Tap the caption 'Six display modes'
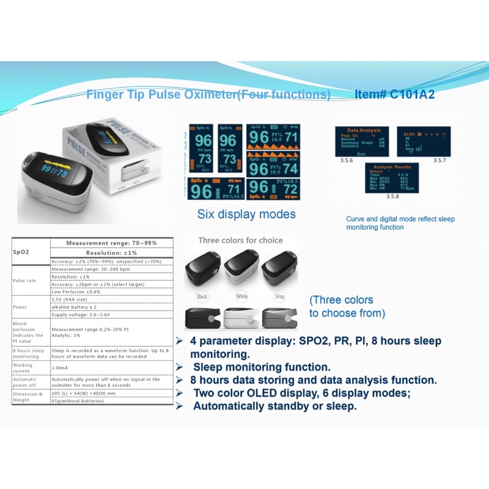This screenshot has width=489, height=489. [x=246, y=215]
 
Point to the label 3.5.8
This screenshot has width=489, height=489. [x=392, y=196]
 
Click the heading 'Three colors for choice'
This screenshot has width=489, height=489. [x=240, y=240]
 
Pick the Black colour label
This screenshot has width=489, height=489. [x=202, y=296]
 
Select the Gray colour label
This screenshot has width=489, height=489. [x=279, y=296]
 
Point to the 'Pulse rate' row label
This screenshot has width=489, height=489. [x=26, y=280]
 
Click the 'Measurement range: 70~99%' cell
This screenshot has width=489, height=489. [x=111, y=243]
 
